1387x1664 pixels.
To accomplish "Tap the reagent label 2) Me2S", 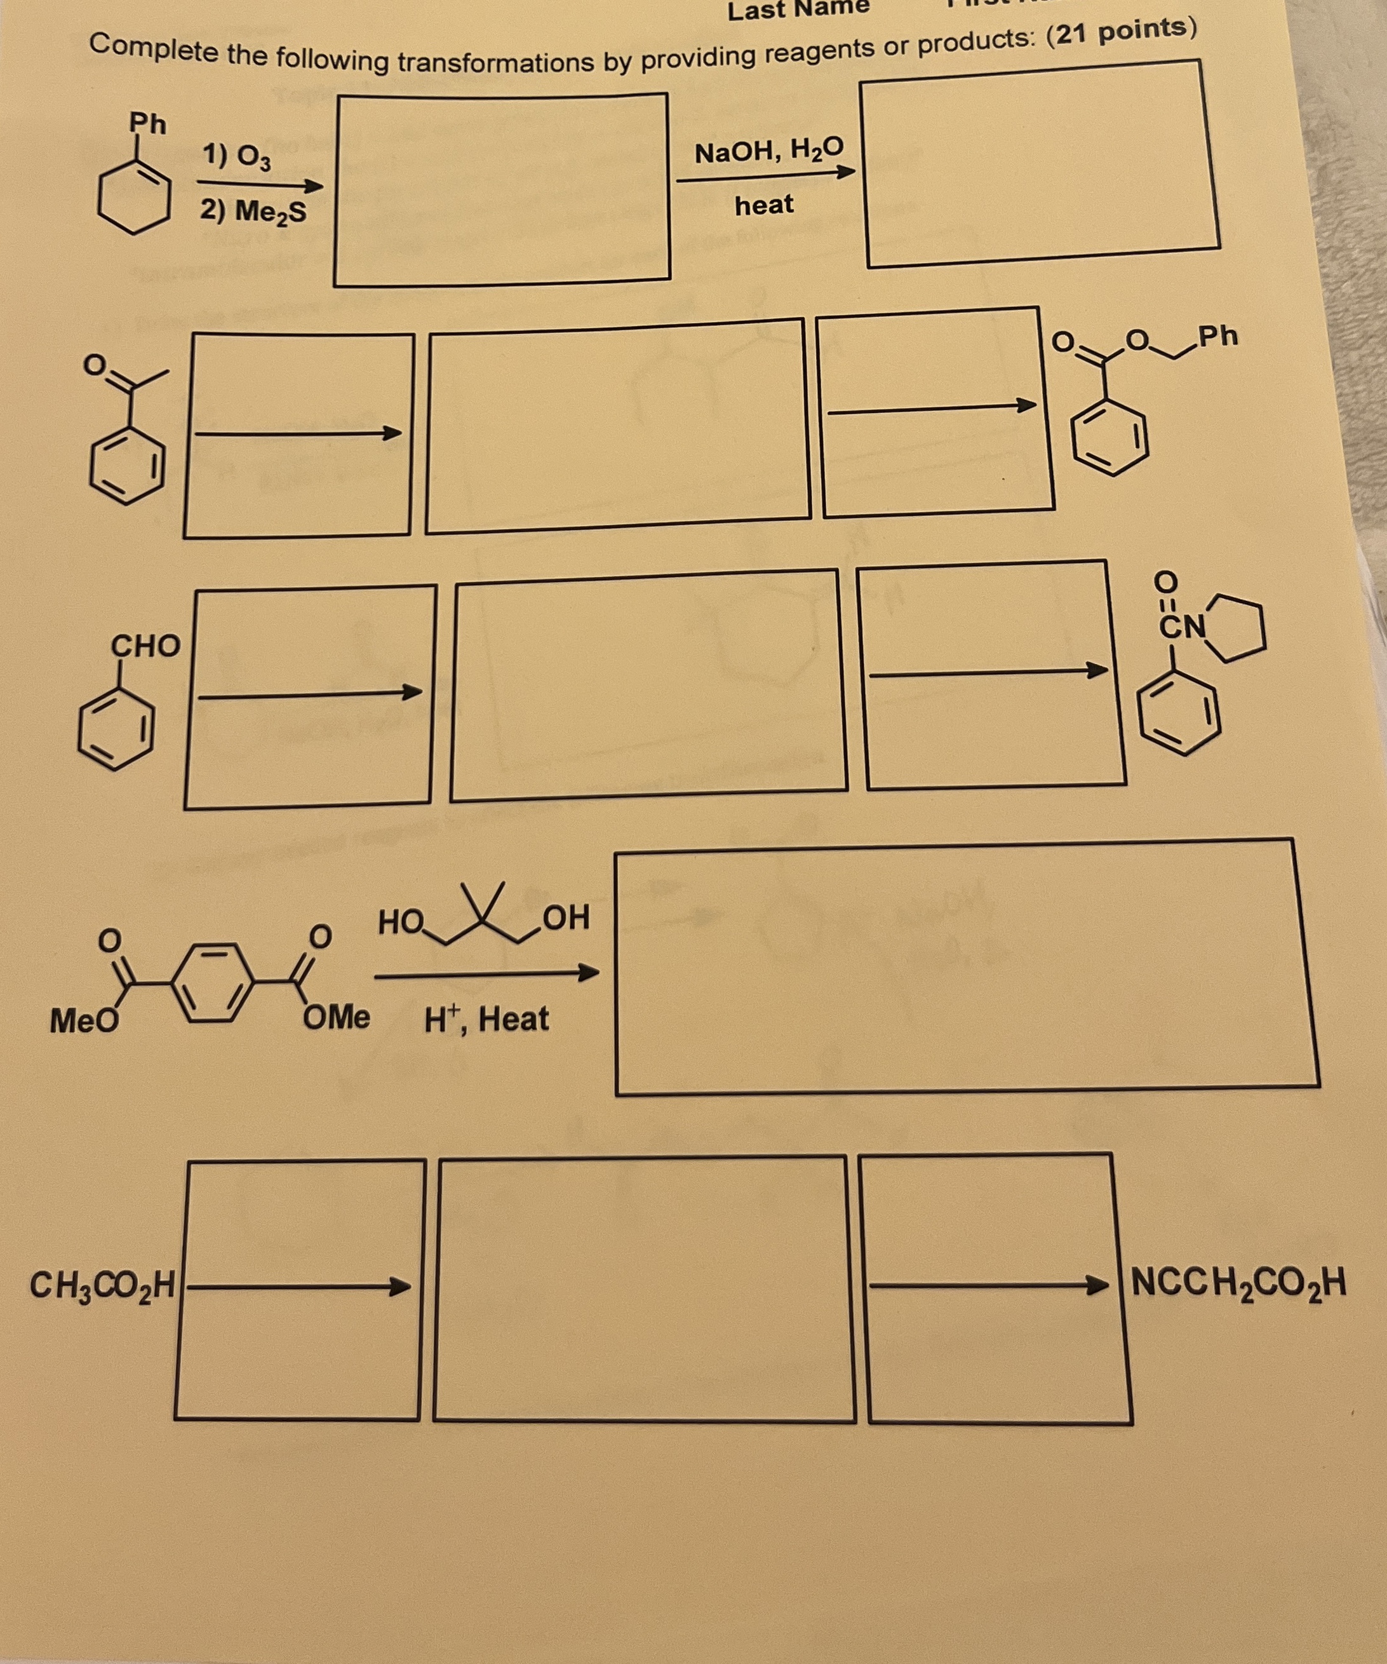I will (x=252, y=212).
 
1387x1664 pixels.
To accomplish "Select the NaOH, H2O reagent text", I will (x=768, y=150).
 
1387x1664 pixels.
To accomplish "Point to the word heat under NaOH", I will (x=763, y=205).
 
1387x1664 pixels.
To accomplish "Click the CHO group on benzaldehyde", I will (x=145, y=646).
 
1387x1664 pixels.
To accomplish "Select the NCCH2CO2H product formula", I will (x=1238, y=1282).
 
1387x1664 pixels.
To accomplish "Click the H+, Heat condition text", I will (x=486, y=1019).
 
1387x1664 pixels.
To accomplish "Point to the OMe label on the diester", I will (x=336, y=1017).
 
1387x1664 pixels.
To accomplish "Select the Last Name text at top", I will (x=798, y=10).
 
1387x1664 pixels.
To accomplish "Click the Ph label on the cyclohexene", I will (x=148, y=124).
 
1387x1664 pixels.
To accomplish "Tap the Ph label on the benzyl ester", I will (x=1217, y=336).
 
